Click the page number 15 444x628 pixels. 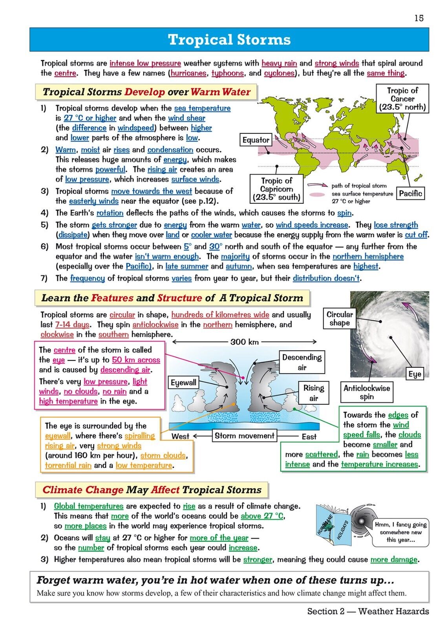click(x=419, y=18)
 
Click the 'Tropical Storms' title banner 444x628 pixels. click(x=229, y=40)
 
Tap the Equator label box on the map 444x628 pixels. click(x=256, y=140)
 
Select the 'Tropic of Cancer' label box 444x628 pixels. click(x=402, y=99)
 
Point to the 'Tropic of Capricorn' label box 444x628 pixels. click(x=277, y=189)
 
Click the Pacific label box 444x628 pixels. click(x=410, y=193)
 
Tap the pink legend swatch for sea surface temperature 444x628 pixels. click(x=317, y=194)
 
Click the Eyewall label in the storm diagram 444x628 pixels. click(x=183, y=383)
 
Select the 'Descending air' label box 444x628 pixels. click(x=301, y=362)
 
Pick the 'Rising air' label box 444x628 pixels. click(x=313, y=393)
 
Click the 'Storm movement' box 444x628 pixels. click(x=244, y=436)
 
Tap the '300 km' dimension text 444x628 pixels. click(x=244, y=342)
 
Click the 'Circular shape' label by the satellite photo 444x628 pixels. click(x=340, y=318)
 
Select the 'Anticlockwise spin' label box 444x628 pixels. click(x=367, y=392)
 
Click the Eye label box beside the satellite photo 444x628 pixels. click(x=415, y=374)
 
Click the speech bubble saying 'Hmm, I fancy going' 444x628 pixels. click(x=400, y=532)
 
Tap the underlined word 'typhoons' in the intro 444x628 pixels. click(x=228, y=73)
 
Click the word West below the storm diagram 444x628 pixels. click(x=180, y=436)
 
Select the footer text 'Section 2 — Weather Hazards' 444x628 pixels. click(x=368, y=611)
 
